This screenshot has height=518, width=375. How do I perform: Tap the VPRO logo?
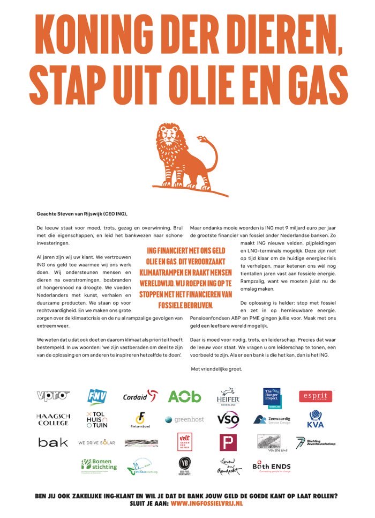[54, 396]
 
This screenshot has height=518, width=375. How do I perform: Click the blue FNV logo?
[97, 396]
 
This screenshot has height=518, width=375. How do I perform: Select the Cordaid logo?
[140, 396]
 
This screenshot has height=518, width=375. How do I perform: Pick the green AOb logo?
[184, 396]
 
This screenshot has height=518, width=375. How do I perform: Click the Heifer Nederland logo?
[228, 397]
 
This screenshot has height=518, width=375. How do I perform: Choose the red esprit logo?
[316, 396]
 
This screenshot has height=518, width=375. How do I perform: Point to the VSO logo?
[228, 419]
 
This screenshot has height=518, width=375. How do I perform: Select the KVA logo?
[316, 419]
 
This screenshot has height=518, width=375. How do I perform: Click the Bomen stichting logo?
[99, 465]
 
